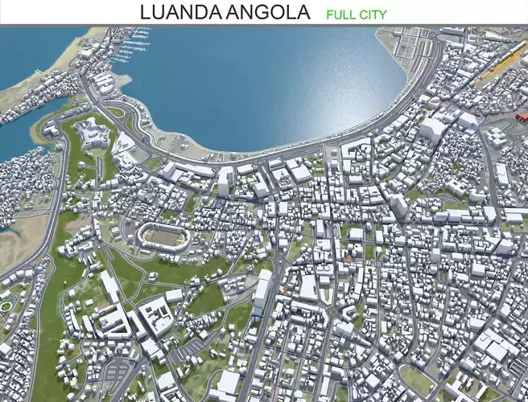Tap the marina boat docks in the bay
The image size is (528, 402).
tap(129, 48)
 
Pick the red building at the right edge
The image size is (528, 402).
tap(518, 118)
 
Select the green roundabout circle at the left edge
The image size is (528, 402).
tap(6, 306)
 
